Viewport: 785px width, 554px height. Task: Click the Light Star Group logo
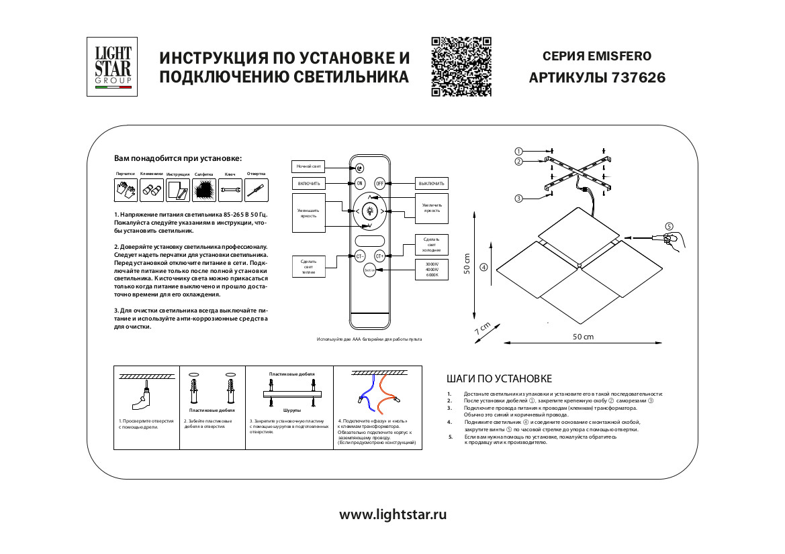[112, 67]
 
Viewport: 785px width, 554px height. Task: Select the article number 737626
[638, 78]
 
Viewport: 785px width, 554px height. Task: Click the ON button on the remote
[359, 183]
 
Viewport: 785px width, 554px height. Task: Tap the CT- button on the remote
[359, 256]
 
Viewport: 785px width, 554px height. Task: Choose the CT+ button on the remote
[379, 256]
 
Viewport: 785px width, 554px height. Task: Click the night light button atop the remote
[359, 168]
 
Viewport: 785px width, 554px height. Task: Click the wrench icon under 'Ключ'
[230, 190]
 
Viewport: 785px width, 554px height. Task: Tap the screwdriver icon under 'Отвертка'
[256, 190]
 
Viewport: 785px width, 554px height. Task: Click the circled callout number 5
[669, 226]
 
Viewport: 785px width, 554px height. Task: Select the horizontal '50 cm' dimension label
[583, 336]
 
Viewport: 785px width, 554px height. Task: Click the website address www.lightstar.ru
[392, 515]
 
